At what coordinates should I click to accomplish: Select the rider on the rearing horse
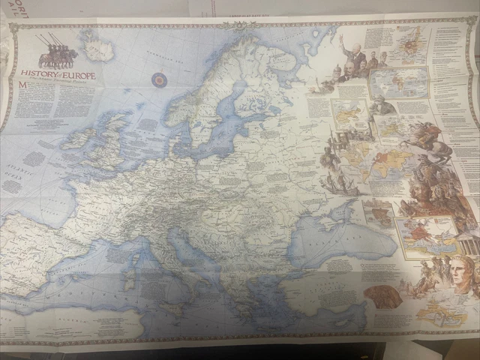430,139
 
